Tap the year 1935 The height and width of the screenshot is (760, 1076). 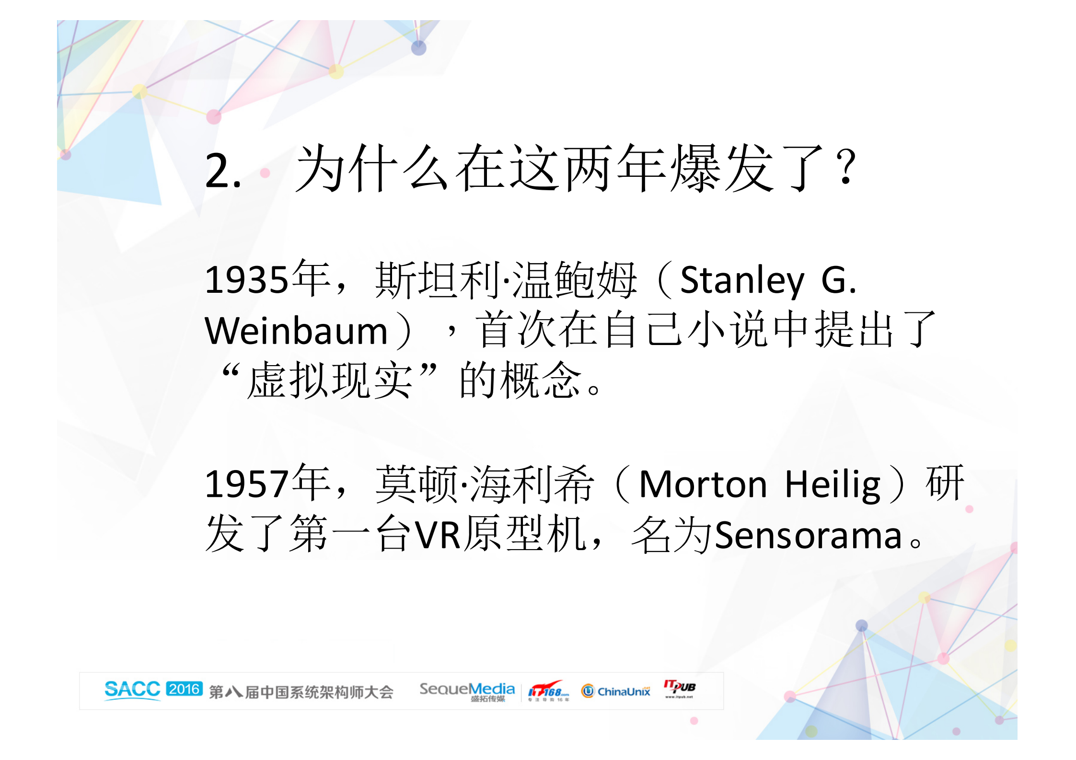247,280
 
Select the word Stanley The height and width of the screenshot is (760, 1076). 742,281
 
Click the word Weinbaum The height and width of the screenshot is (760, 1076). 296,331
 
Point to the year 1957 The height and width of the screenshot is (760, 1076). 247,484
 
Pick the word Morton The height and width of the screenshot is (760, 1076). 703,484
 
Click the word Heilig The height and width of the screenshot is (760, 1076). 833,485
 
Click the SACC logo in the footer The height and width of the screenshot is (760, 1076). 132,690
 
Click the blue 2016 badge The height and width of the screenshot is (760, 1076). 184,689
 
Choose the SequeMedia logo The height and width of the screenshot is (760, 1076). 467,691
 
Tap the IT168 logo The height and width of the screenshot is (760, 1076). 548,691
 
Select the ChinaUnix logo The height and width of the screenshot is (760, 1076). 616,691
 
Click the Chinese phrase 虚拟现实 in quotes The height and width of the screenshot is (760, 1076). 329,380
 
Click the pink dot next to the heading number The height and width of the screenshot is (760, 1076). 265,173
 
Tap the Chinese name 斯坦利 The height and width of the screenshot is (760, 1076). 436,280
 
